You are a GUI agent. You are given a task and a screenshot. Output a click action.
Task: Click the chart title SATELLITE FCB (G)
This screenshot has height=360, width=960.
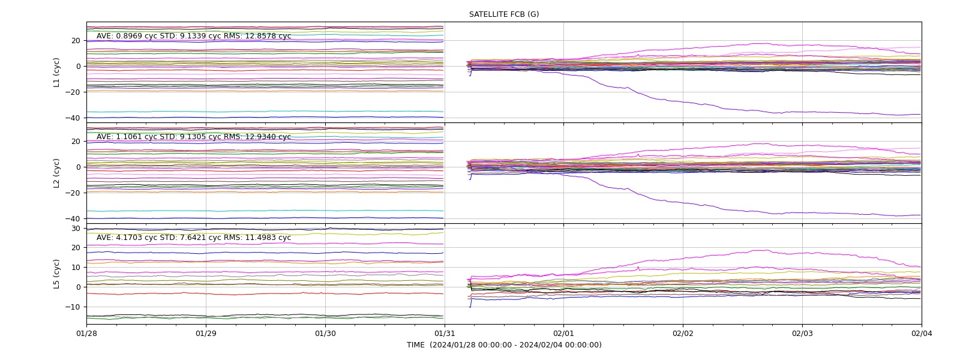[504, 14]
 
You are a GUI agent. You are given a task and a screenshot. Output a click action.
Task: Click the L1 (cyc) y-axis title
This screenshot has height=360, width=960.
[56, 73]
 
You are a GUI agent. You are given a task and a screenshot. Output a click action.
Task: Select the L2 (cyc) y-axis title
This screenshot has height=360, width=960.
[56, 173]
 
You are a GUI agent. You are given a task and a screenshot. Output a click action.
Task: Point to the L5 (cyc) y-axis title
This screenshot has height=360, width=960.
[56, 274]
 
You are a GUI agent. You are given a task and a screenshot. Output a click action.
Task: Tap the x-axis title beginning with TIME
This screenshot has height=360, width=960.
[504, 344]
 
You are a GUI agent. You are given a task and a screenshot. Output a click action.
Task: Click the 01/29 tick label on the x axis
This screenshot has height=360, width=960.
[206, 334]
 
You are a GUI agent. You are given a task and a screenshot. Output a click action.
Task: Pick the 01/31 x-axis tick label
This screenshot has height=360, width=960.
[445, 334]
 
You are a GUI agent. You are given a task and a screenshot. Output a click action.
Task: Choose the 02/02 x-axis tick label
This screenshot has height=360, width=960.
[683, 334]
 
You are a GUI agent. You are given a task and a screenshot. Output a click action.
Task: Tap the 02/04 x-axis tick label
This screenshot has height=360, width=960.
[922, 334]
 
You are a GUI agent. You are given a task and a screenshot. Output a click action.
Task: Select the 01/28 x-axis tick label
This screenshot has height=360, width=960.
[86, 334]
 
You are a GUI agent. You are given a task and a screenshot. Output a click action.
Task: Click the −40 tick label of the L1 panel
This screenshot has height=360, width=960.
[73, 118]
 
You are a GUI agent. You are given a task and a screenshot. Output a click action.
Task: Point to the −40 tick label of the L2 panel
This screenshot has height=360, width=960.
[73, 218]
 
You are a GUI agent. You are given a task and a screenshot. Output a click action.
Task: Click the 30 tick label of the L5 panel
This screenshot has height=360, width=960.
[76, 229]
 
